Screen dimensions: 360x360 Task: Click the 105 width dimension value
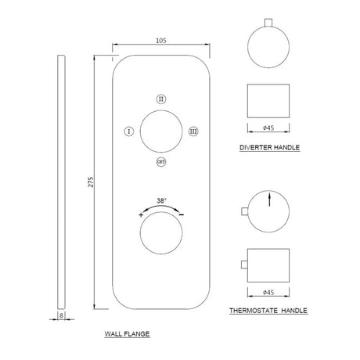pyautogui.click(x=161, y=41)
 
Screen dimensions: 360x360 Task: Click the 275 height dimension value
pyautogui.click(x=91, y=182)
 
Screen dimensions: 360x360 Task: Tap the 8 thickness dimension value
pyautogui.click(x=61, y=315)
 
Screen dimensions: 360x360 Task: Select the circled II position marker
pyautogui.click(x=161, y=99)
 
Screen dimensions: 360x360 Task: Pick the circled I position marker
pyautogui.click(x=129, y=131)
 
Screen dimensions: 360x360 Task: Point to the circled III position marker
pyautogui.click(x=193, y=131)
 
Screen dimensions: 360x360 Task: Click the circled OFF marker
pyautogui.click(x=161, y=162)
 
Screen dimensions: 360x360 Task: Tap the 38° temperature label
pyautogui.click(x=162, y=201)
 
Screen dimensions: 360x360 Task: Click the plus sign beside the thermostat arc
pyautogui.click(x=141, y=215)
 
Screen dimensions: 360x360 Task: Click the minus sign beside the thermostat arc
pyautogui.click(x=182, y=214)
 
